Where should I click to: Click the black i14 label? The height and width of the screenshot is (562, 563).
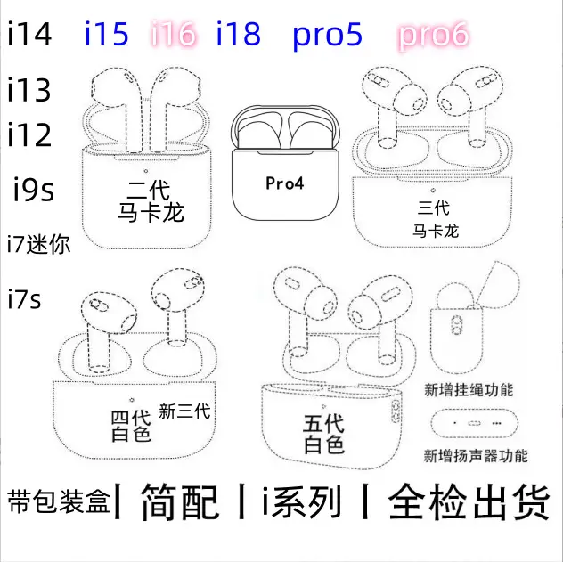click(x=29, y=34)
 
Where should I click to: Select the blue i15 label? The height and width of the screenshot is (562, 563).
click(x=107, y=34)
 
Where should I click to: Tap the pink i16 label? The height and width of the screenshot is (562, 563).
click(x=174, y=34)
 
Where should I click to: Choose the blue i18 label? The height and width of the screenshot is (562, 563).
click(x=239, y=34)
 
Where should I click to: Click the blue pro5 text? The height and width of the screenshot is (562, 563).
click(x=328, y=35)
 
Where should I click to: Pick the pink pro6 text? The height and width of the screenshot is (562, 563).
click(x=433, y=35)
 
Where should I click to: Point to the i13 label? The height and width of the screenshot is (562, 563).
click(x=29, y=90)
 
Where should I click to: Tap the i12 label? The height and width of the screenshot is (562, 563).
click(x=29, y=134)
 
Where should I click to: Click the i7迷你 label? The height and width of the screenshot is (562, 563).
click(x=39, y=244)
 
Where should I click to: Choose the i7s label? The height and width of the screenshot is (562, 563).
click(x=24, y=299)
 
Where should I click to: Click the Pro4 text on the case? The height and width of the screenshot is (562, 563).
click(x=285, y=183)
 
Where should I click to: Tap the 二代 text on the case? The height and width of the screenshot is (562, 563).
click(x=148, y=190)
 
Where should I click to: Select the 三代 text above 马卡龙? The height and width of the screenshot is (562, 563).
click(x=433, y=208)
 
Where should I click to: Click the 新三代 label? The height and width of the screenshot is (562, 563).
click(x=184, y=411)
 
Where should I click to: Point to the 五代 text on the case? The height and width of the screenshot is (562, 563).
click(x=323, y=423)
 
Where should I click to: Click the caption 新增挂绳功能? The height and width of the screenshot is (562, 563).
click(x=469, y=390)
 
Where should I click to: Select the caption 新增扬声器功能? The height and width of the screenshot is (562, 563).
click(x=476, y=456)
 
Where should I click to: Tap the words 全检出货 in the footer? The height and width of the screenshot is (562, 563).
click(x=469, y=501)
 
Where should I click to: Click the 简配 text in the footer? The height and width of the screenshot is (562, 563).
click(x=180, y=501)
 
